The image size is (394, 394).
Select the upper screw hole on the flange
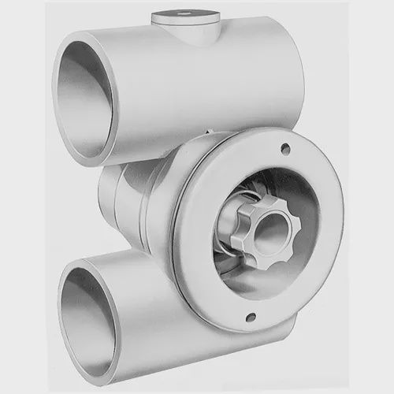(x=284, y=149)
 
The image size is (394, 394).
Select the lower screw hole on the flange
(x=251, y=317)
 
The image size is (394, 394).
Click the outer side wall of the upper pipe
(x=197, y=87)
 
